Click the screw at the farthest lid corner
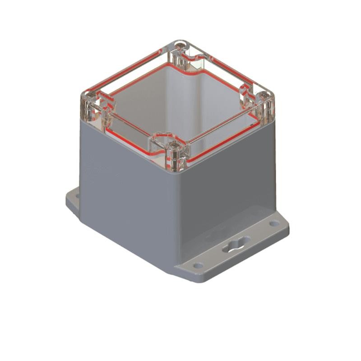click(x=181, y=45)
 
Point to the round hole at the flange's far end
click(x=274, y=223)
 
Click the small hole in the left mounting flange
click(x=77, y=197)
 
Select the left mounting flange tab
click(x=74, y=201)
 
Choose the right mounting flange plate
click(x=235, y=253)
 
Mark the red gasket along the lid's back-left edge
click(x=126, y=72)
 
